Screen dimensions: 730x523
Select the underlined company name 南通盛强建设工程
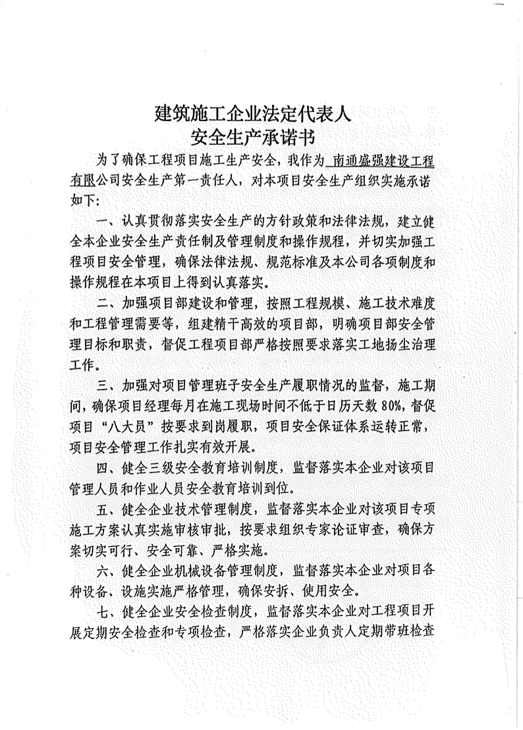384,161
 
